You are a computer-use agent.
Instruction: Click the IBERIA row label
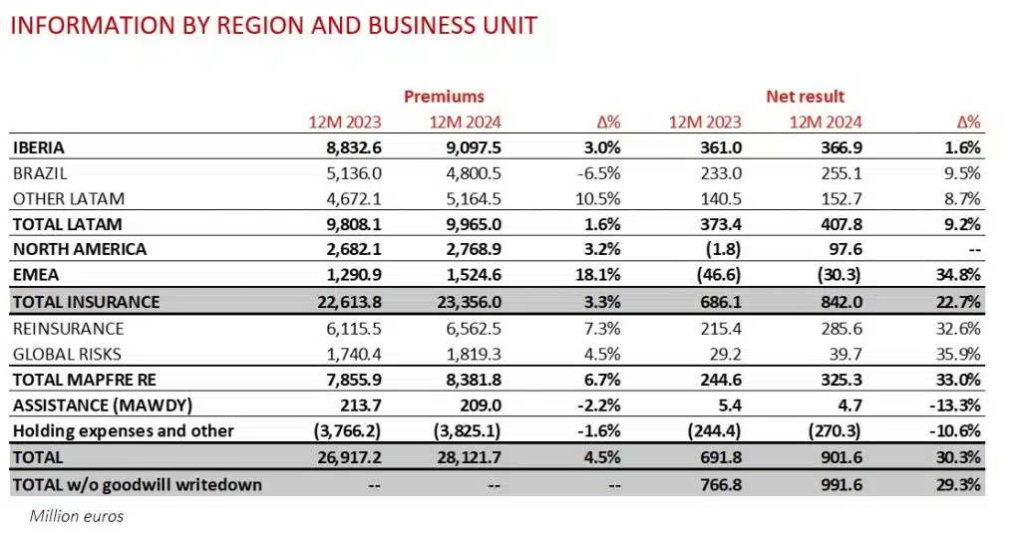(40, 146)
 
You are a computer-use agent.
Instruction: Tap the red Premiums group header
(444, 97)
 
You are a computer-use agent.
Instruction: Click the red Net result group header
(805, 97)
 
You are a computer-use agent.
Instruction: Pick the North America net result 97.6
(841, 249)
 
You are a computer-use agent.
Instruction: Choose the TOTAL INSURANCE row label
(86, 301)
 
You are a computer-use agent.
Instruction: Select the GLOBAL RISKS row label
(68, 354)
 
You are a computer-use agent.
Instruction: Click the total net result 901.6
(840, 458)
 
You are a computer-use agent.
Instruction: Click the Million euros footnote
(77, 516)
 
